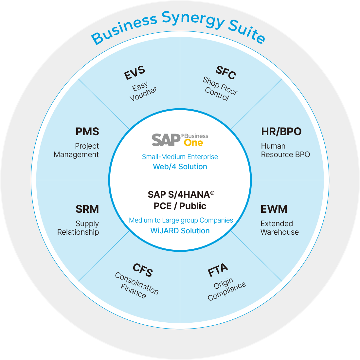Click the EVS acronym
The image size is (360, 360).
point(135,73)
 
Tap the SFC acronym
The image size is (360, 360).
point(226,73)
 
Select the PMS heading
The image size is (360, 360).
point(87,132)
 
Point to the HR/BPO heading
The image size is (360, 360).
point(281,132)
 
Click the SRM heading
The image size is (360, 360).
point(87,209)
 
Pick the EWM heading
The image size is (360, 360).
point(274,209)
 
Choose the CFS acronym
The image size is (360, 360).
point(143,270)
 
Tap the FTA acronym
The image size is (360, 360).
point(218,270)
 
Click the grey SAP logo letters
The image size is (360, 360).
point(166,140)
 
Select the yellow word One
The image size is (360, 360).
point(193,143)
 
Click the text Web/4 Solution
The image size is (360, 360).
point(180,167)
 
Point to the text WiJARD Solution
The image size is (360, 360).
point(180,231)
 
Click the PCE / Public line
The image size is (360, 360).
point(180,206)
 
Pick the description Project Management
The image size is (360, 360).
point(77,150)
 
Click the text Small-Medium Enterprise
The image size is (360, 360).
point(180,157)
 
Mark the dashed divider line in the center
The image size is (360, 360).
point(180,180)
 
